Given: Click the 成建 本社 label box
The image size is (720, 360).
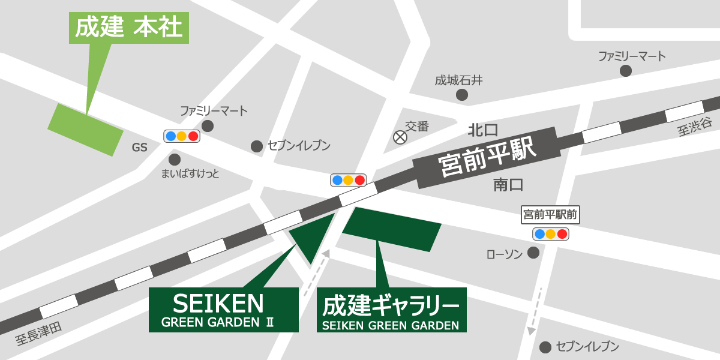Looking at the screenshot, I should click(x=129, y=28).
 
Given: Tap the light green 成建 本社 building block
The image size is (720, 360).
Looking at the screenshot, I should click(x=85, y=130).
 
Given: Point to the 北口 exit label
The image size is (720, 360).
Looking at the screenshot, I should click(x=484, y=130).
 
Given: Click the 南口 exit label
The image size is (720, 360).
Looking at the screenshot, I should click(x=508, y=184).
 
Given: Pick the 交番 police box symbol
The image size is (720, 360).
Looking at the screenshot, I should click(x=400, y=137).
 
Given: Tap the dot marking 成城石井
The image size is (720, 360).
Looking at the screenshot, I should click(x=462, y=95).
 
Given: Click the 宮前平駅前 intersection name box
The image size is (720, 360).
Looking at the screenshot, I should click(x=551, y=214).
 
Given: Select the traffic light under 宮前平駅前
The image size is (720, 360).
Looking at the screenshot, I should click(x=551, y=234).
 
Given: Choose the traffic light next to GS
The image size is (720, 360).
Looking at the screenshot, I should click(x=182, y=136).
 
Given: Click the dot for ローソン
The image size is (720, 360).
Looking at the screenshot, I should click(x=533, y=253).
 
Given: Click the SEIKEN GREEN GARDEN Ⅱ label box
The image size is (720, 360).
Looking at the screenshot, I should click(x=223, y=310).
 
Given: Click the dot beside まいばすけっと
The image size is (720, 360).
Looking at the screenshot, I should click(x=175, y=160).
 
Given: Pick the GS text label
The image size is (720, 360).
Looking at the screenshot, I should click(x=140, y=148).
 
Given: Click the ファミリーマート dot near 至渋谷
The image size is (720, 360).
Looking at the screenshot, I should click(x=626, y=71).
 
